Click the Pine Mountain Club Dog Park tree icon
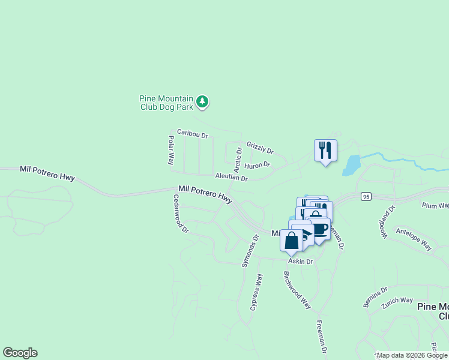coord(203,102)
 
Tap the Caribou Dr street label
coord(192,133)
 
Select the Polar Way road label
coord(171,151)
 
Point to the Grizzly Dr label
coord(260,148)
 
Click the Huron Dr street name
coord(258,164)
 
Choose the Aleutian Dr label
coord(231,178)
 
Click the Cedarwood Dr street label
coord(181,213)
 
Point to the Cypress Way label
coord(256,291)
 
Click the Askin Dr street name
coord(301,262)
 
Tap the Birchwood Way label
coord(297,289)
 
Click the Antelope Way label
coord(414,238)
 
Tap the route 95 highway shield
coord(366,196)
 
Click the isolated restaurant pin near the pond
coord(325,151)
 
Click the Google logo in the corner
coord(20,353)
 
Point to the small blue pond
coord(351,165)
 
